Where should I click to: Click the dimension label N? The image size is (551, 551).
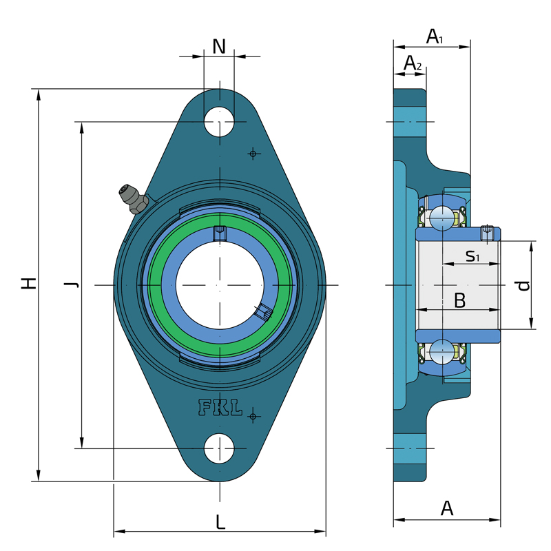click(x=219, y=46)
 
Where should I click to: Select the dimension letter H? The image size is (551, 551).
click(x=29, y=283)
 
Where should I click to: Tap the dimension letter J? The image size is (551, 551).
click(x=72, y=284)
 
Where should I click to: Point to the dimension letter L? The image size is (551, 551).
click(x=220, y=522)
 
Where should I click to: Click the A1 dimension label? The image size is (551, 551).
click(x=435, y=37)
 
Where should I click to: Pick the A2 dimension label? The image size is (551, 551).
click(x=412, y=63)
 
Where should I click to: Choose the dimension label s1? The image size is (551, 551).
click(x=472, y=256)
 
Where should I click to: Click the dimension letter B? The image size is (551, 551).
click(x=459, y=300)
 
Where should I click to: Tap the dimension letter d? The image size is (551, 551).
click(x=523, y=285)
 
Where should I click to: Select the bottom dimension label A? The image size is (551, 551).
click(x=447, y=508)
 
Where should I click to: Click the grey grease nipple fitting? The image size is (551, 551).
click(x=134, y=199)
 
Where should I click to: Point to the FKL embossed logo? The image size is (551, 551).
click(x=220, y=408)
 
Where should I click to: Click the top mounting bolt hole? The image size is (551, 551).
click(x=219, y=122)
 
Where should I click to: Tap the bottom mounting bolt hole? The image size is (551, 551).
click(x=219, y=449)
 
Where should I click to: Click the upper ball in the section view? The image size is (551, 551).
click(x=442, y=218)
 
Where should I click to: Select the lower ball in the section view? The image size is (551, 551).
click(x=442, y=352)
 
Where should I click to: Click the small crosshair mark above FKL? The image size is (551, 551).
click(x=253, y=417)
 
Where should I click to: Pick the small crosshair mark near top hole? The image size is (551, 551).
click(x=253, y=154)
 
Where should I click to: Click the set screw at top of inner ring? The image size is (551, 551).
click(x=220, y=233)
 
